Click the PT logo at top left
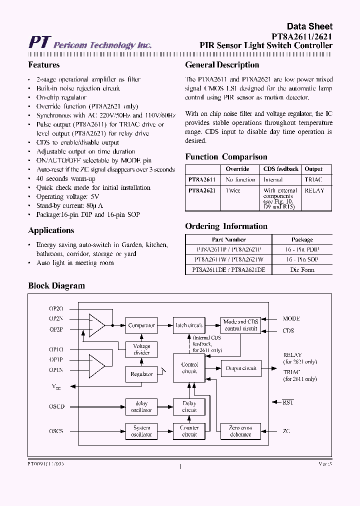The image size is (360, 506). pos(38,42)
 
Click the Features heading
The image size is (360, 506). pos(44,65)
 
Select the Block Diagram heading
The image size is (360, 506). pos(56,286)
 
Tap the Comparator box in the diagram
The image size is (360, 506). pos(141,325)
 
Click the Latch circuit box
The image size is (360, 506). pos(189,325)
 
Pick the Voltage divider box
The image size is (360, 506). pos(141,349)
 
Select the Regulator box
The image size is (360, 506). pos(141,373)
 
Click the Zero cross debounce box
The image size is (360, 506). pos(240,431)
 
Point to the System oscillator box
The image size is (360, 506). pos(141,431)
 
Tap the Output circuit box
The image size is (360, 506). pos(240,368)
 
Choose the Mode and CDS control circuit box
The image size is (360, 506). pos(240,325)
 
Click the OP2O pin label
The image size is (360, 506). pos(56,308)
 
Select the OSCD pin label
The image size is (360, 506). pos(56,406)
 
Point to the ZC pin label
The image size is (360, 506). pos(286,431)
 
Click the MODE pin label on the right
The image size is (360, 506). pos(291,318)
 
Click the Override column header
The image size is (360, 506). pos(237,169)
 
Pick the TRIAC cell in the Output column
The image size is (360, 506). pos(313,179)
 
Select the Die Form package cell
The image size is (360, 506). pos(302,270)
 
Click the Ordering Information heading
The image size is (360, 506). pos(226,226)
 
